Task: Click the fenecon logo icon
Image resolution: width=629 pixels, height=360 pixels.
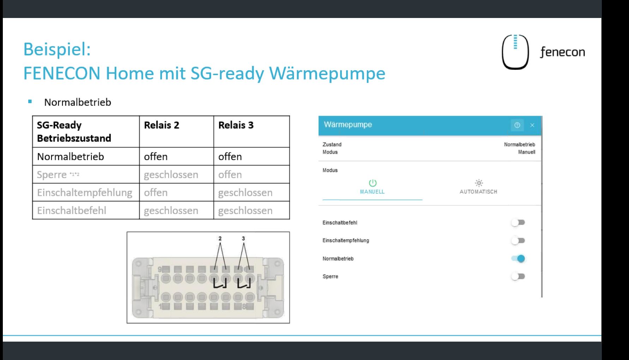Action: coord(515,52)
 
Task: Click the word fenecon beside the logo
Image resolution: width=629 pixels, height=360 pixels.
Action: coord(562,52)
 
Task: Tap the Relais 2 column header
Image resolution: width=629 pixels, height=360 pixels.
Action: coord(162,125)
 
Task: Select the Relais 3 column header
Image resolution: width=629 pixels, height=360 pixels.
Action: coord(236,125)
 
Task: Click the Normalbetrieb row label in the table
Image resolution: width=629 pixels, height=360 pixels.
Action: coord(71,157)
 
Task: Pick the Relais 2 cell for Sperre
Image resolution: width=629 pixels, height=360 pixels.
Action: coord(171,175)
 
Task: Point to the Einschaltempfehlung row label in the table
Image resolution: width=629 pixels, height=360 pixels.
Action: coord(85,193)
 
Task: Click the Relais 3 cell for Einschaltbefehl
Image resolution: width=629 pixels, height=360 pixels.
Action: coord(245,210)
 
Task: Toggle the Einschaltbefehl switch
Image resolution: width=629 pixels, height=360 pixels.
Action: coord(518,222)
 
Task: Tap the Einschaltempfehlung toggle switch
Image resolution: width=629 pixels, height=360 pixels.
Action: coord(518,240)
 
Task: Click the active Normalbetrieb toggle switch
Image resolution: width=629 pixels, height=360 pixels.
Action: coord(518,258)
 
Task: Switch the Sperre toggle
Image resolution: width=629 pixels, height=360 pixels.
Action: coord(518,276)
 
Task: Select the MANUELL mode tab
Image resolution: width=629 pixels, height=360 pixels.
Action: coord(372,187)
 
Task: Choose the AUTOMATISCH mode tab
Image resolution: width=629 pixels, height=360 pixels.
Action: coord(478,187)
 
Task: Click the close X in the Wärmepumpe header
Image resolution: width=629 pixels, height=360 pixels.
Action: coord(532,125)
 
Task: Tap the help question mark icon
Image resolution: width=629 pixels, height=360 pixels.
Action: coord(517,125)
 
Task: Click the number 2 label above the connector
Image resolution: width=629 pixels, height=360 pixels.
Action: coord(220,238)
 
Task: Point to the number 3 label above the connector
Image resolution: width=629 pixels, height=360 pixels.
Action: coord(243,238)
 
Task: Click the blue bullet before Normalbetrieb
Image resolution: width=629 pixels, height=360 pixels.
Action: coord(30,102)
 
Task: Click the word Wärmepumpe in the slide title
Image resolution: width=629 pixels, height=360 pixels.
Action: coord(327,73)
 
